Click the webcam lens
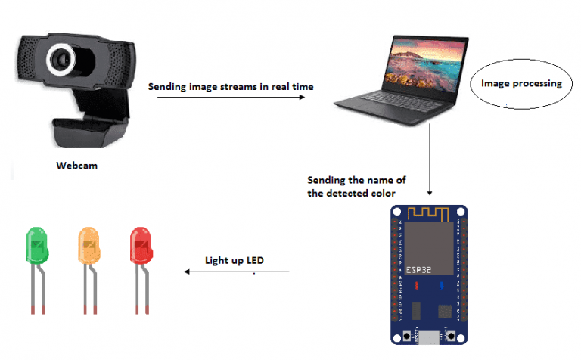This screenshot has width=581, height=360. (x=61, y=60)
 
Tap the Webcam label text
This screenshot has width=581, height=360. (x=76, y=166)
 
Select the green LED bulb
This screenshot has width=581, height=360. (x=37, y=245)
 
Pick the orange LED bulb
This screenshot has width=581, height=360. (x=89, y=245)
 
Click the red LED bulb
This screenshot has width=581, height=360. (x=141, y=245)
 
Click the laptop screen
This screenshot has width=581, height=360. (x=425, y=64)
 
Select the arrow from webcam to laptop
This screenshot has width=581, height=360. (x=231, y=97)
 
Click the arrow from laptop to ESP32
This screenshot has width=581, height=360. (x=430, y=160)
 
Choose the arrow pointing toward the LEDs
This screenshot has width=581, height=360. (x=236, y=272)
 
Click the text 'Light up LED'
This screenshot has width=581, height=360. (x=235, y=261)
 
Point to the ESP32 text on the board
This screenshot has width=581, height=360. (x=418, y=270)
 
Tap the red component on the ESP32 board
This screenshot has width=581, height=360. (x=417, y=286)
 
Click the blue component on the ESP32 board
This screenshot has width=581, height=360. (x=442, y=286)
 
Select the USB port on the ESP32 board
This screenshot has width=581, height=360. (x=429, y=337)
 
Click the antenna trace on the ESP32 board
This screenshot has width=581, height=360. (x=428, y=214)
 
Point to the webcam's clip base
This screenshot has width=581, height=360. (x=90, y=132)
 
